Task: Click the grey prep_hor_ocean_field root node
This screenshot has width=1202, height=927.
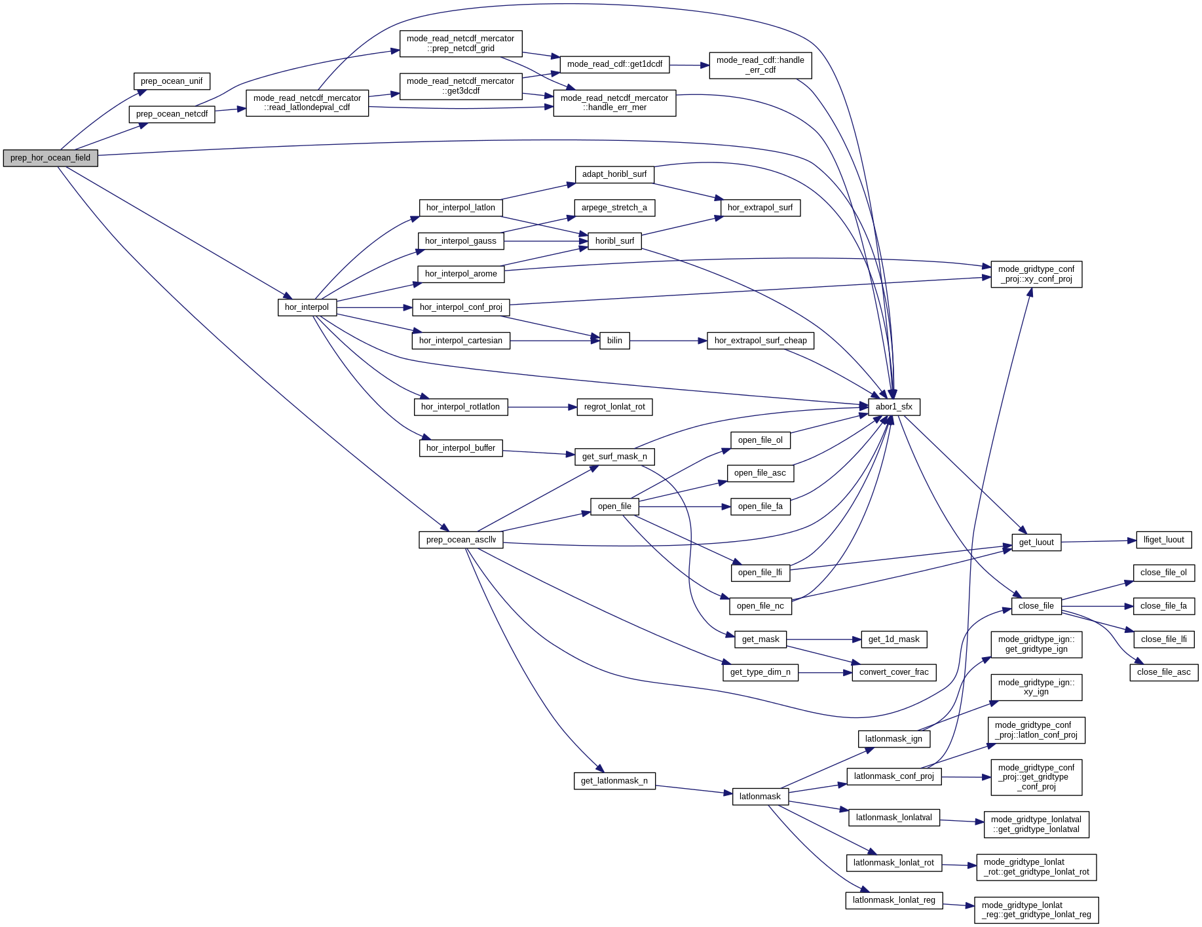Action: point(50,158)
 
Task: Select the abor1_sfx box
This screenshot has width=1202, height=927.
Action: point(893,407)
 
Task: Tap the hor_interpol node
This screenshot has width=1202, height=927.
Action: point(307,307)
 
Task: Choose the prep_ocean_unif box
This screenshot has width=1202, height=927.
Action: point(172,81)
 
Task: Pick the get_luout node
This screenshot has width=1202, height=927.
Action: point(1036,542)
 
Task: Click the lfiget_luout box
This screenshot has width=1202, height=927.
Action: point(1163,540)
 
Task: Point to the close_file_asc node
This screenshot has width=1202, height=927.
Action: point(1163,672)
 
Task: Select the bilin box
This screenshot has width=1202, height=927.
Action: point(614,341)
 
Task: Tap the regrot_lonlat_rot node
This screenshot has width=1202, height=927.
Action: point(614,407)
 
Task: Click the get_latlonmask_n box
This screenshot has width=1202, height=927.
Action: point(614,781)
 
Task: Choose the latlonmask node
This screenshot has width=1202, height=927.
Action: point(760,797)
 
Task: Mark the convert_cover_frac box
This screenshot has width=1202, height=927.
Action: point(893,672)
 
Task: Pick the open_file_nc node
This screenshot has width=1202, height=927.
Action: point(760,606)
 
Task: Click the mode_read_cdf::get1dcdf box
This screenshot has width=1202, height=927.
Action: point(614,64)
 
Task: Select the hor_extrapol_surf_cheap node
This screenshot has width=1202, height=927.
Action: point(760,341)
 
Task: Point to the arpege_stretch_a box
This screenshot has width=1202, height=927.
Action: point(614,208)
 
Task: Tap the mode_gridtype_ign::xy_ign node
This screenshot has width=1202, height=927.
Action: point(1036,687)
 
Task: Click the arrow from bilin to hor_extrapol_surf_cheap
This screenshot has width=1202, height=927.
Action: point(668,341)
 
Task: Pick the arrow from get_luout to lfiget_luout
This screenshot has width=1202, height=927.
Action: point(1098,541)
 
